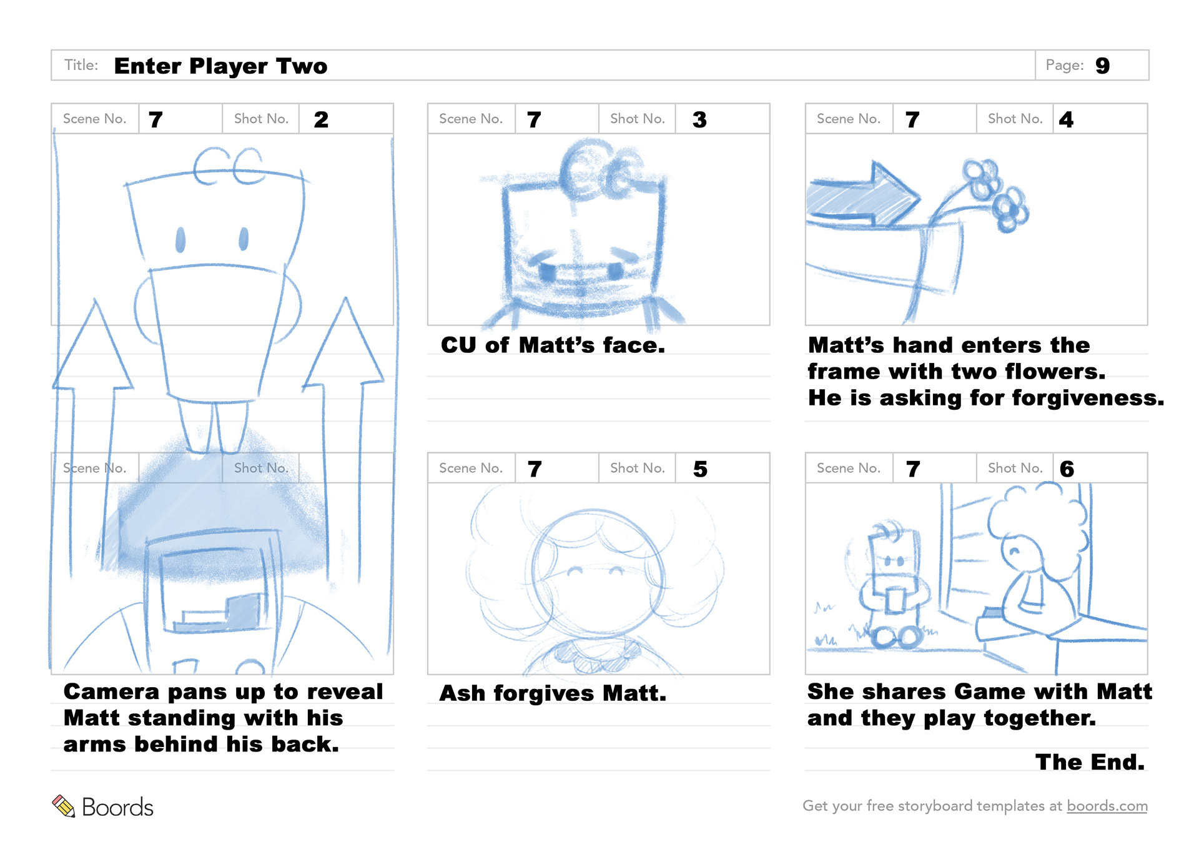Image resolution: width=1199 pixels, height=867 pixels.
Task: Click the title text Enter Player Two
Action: click(220, 66)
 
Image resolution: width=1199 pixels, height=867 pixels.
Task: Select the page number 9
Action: click(1102, 66)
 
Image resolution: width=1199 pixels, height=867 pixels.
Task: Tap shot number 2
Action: click(321, 119)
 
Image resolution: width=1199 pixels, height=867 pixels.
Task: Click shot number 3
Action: click(699, 119)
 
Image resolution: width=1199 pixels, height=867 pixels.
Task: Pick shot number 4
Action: click(1066, 119)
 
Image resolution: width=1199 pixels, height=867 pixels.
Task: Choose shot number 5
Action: click(700, 469)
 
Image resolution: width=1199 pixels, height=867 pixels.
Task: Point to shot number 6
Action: click(1067, 469)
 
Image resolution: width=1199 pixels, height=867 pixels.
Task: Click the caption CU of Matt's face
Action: click(553, 345)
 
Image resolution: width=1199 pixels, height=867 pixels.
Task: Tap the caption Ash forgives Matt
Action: click(553, 693)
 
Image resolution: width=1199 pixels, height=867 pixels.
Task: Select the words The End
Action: click(1090, 762)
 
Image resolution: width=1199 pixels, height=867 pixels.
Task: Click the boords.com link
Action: click(1107, 806)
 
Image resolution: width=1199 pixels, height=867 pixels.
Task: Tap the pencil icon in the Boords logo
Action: click(63, 806)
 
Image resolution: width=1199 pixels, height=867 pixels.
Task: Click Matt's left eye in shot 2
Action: click(180, 239)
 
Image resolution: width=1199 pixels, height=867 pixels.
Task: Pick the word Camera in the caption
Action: click(111, 691)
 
